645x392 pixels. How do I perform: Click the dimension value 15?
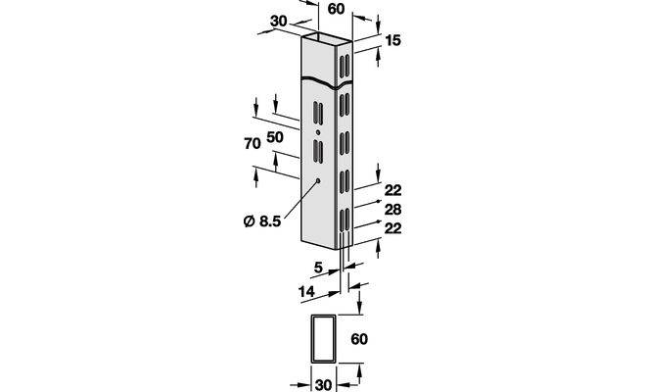tap(392, 40)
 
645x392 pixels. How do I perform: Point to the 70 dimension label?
tap(253, 144)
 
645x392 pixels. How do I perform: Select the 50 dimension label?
tap(275, 137)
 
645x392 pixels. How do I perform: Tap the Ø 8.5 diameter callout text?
tap(262, 221)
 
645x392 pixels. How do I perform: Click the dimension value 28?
tap(392, 210)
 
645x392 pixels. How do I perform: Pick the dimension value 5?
tap(318, 269)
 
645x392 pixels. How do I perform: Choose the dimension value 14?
tap(306, 292)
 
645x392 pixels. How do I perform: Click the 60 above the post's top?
tap(336, 9)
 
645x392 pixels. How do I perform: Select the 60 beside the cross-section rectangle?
tap(359, 339)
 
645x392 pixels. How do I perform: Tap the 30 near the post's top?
tap(279, 22)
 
